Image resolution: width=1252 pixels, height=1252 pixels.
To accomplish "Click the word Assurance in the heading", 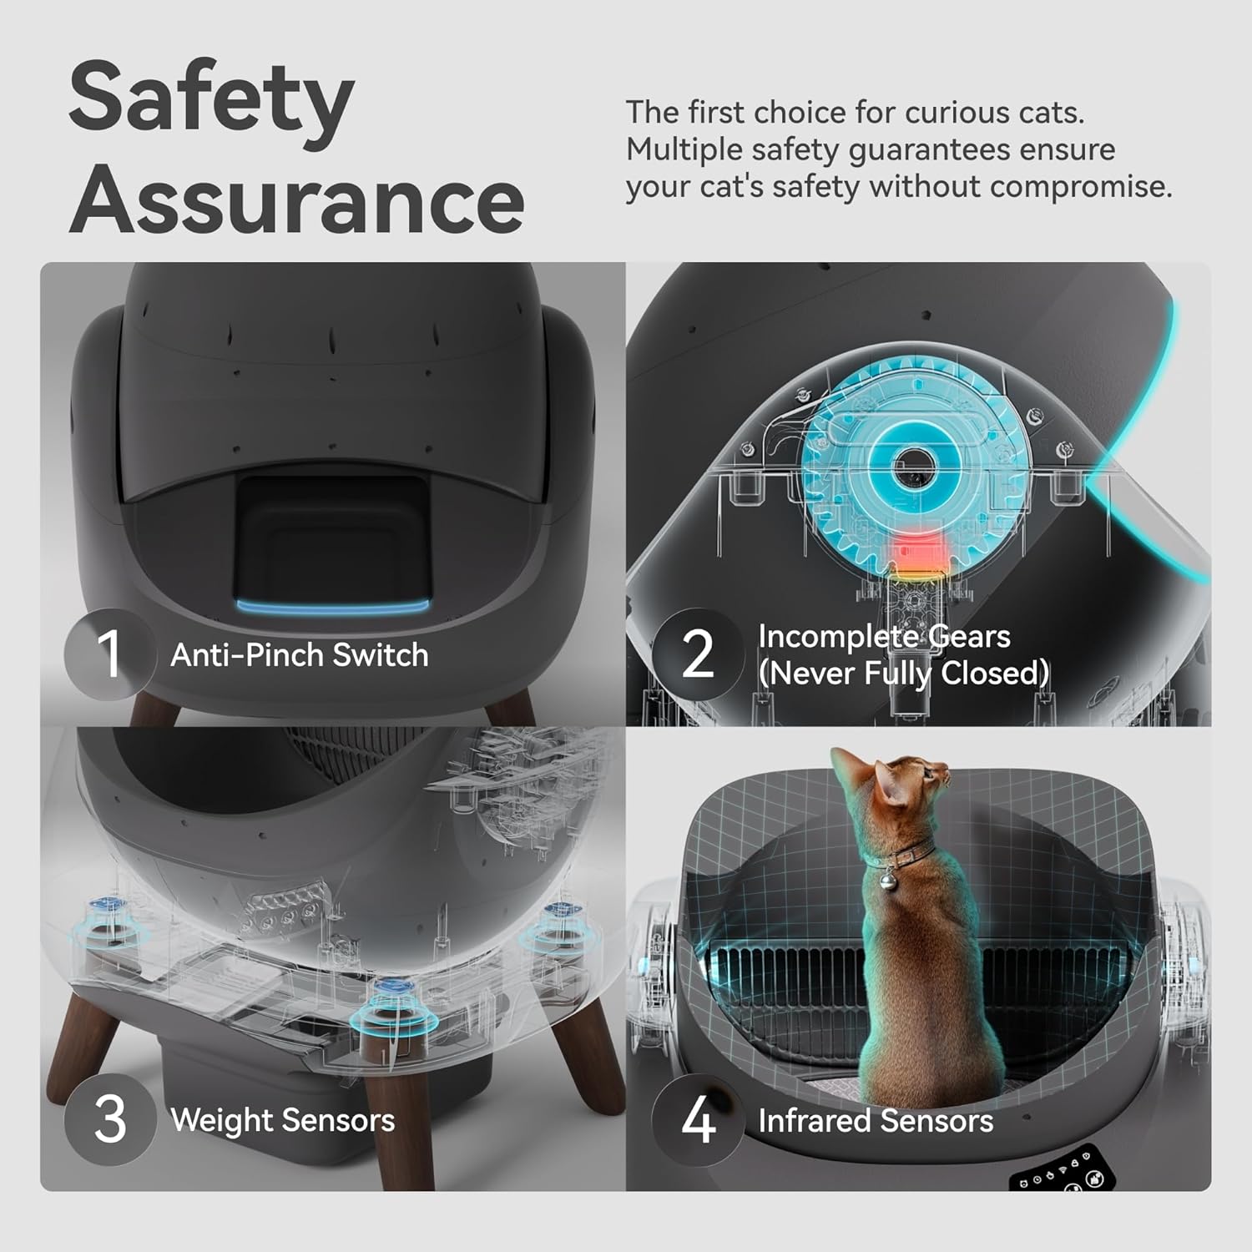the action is click(x=297, y=200).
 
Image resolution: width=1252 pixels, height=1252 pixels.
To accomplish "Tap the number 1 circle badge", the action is click(x=109, y=654).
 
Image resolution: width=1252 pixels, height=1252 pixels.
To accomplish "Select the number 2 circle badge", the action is click(x=698, y=654).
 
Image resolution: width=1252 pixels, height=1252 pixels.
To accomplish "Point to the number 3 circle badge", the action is click(x=109, y=1119).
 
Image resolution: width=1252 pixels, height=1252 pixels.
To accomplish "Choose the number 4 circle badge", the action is click(x=698, y=1119).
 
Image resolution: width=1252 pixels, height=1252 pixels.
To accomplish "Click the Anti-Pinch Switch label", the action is click(x=299, y=655).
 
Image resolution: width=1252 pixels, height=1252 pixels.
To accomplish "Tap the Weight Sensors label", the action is click(x=282, y=1120).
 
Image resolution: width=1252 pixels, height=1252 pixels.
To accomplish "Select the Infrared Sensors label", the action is click(x=876, y=1121).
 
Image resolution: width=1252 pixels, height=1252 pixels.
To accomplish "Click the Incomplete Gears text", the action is click(x=884, y=637).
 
